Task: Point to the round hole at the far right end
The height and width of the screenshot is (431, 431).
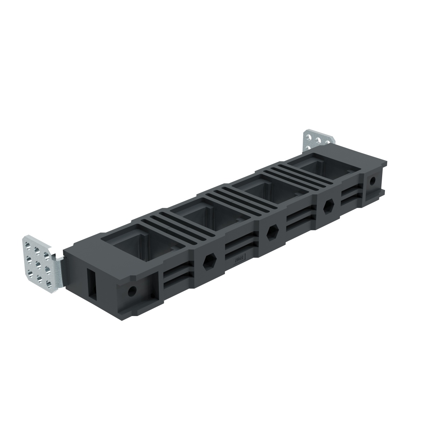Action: click(x=372, y=180)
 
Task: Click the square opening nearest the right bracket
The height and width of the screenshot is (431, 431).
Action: click(x=313, y=166)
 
